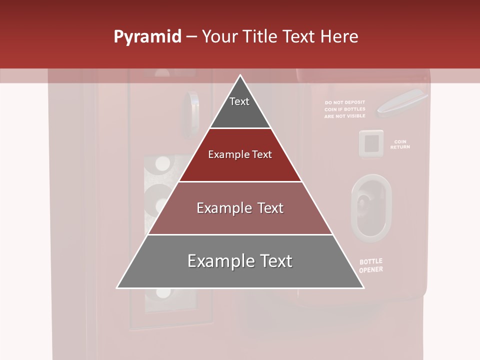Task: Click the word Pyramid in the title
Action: pos(147,37)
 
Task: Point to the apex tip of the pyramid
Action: pos(240,76)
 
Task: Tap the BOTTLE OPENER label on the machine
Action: pos(371,265)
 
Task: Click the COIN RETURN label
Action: pos(400,144)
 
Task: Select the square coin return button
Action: pos(371,144)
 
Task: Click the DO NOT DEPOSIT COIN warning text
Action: pos(345,109)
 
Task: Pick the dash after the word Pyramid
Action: pos(191,37)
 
